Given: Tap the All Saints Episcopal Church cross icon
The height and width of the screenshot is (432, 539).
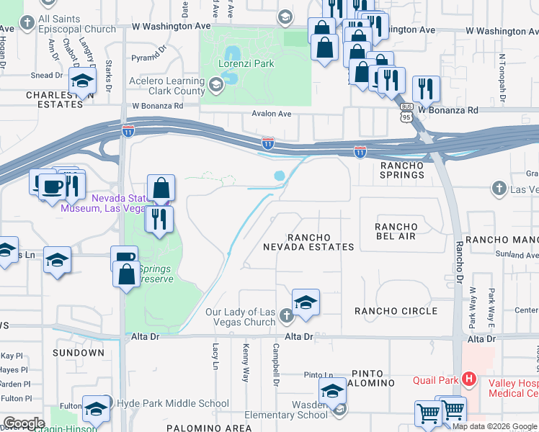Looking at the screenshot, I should coord(27,22).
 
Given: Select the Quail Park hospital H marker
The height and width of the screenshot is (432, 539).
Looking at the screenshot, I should coord(469,379).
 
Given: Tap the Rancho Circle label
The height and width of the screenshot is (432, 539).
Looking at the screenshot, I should coord(396,311).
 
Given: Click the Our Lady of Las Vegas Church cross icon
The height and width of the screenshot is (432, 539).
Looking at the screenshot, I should coord(286,315).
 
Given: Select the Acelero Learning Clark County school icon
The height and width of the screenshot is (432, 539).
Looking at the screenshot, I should coord(215,87).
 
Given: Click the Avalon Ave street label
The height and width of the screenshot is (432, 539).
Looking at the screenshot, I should coord(271,114).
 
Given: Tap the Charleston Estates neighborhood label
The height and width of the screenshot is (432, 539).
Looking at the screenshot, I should coord(55,99).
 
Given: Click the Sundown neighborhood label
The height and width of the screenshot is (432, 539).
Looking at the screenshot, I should coord(79,353).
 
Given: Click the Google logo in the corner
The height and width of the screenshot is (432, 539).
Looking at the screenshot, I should coord(23,423).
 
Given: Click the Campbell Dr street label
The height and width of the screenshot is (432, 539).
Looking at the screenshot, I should coord(275,364).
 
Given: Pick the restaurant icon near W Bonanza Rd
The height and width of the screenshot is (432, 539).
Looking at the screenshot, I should coord(426,89).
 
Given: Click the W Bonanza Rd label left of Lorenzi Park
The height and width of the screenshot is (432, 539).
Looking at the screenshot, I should coord(157,106).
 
